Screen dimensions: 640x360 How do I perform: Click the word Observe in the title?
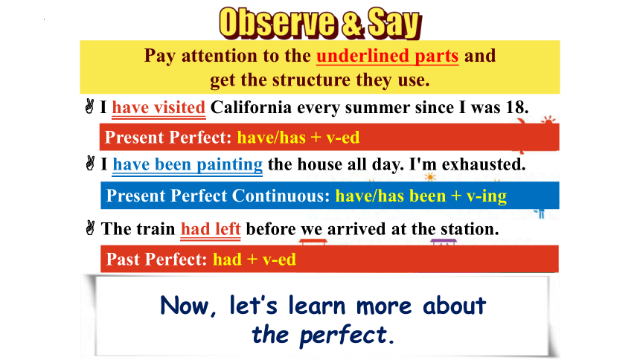coord(277,23)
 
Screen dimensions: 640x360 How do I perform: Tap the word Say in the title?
coord(394,24)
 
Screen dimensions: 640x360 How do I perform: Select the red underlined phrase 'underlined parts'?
coord(387,57)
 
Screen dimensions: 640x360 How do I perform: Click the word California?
coord(251,107)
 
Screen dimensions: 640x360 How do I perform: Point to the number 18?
coord(516,107)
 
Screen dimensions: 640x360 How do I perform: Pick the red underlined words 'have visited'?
coord(159,108)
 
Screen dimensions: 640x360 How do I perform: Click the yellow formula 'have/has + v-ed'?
coord(298,138)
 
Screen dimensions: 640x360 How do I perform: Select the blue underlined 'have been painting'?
coord(188,165)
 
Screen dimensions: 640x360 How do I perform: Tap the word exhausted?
coord(484,164)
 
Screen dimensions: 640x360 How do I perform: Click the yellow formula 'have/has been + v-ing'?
coord(420,196)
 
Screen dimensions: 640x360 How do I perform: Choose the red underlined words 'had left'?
coord(211,230)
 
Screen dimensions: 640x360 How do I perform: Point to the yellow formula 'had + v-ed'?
coord(255,260)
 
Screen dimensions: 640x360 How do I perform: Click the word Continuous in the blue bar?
coord(281,196)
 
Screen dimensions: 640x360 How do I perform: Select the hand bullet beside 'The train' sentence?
coord(90,228)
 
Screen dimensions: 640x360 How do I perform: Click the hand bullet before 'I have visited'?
coord(89,106)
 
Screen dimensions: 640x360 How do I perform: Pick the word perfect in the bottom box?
coord(343,335)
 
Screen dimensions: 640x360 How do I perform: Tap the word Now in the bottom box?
coord(188,306)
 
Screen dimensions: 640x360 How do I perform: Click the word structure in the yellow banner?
coord(311,80)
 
